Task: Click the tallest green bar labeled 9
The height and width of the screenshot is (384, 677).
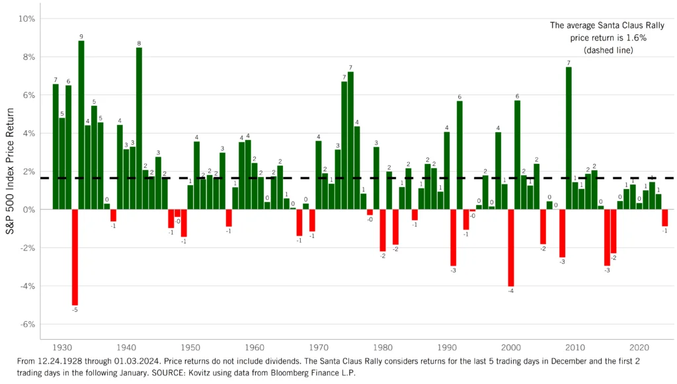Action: tap(81, 125)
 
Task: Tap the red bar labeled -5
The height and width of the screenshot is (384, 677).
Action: tap(75, 257)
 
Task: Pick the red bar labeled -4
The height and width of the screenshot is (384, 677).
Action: tap(511, 248)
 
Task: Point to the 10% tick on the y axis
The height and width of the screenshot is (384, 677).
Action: tap(25, 19)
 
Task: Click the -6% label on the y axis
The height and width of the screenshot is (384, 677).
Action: tap(25, 325)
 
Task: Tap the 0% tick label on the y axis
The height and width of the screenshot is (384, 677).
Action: tap(26, 210)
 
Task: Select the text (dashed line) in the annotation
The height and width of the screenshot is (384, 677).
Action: tap(607, 50)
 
